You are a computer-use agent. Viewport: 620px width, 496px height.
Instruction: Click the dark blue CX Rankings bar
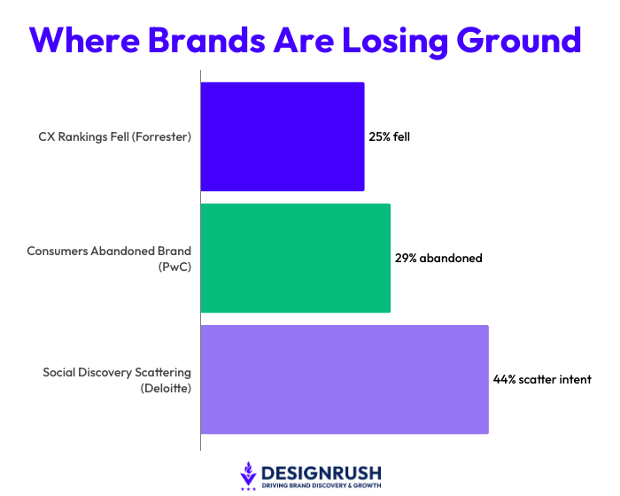pyautogui.click(x=283, y=136)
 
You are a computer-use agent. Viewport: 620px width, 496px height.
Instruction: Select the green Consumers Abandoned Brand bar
pyautogui.click(x=296, y=258)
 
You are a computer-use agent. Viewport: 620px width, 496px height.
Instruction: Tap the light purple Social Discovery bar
pyautogui.click(x=345, y=379)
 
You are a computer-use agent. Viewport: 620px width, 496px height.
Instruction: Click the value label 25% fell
pyautogui.click(x=390, y=137)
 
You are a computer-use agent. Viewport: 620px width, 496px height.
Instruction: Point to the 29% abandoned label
pyautogui.click(x=438, y=259)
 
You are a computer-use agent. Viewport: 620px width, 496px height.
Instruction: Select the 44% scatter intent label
pyautogui.click(x=542, y=379)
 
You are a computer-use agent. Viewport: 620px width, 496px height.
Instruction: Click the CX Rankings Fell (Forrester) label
pyautogui.click(x=114, y=137)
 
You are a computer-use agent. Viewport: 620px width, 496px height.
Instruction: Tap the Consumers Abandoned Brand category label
pyautogui.click(x=109, y=251)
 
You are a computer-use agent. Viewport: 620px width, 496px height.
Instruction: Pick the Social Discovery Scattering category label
pyautogui.click(x=117, y=372)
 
